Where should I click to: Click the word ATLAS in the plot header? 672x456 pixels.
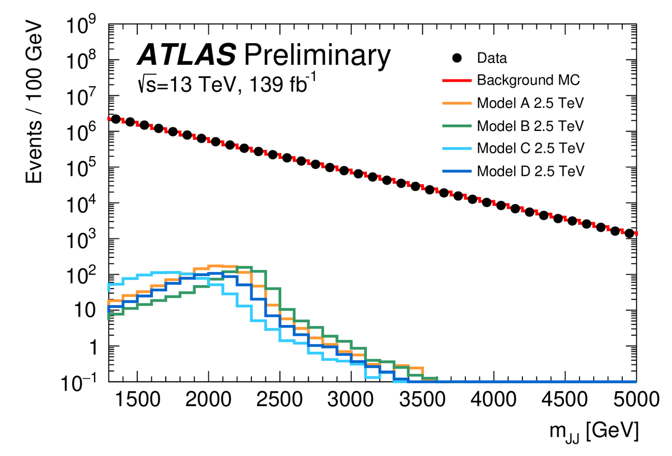coord(187,56)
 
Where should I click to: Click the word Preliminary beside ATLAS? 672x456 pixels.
coord(316,56)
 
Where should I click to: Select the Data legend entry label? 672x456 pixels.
coord(492,58)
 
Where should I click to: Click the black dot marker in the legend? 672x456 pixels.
coord(457,58)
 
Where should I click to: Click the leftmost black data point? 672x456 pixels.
coord(116,119)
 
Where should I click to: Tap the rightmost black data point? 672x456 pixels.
coord(629,233)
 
